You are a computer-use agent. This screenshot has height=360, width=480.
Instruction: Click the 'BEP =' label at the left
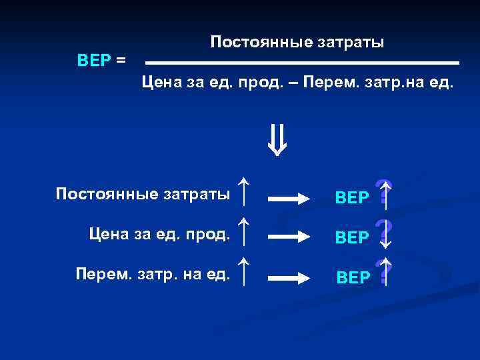click(x=101, y=60)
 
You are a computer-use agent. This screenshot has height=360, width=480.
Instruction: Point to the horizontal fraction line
click(x=302, y=63)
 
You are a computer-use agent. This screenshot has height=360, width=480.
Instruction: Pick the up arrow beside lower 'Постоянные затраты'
click(x=245, y=191)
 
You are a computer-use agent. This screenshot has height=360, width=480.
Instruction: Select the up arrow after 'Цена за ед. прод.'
click(x=245, y=229)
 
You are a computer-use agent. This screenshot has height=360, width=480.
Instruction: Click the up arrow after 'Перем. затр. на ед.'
click(x=245, y=271)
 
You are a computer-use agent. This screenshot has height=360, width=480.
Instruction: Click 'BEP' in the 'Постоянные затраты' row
click(x=352, y=198)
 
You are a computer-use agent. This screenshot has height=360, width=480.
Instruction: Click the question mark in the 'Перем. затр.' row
click(x=383, y=272)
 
